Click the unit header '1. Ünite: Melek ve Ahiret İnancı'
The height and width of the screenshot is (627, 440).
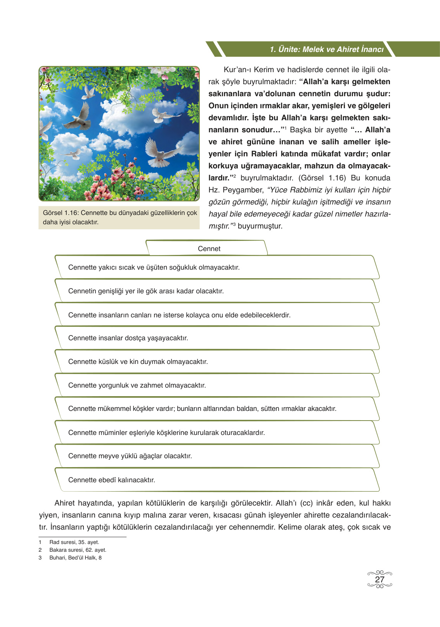click(x=326, y=49)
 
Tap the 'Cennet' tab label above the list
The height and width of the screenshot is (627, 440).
click(x=209, y=249)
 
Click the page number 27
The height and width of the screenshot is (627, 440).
click(x=379, y=579)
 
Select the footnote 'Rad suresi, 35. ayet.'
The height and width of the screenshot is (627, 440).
click(x=74, y=542)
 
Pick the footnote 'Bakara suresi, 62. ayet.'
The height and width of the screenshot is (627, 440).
click(x=78, y=550)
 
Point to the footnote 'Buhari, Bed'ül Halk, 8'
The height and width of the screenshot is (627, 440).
click(x=75, y=558)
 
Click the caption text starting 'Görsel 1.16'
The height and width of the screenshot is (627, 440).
click(x=120, y=217)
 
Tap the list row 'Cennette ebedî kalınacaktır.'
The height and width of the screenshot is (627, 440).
click(x=112, y=480)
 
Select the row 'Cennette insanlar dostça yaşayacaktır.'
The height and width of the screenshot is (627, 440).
click(x=128, y=338)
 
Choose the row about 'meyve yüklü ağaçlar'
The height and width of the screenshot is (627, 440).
click(x=130, y=456)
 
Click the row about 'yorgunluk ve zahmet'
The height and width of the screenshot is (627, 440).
click(x=137, y=385)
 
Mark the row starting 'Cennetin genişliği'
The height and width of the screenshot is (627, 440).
click(x=146, y=291)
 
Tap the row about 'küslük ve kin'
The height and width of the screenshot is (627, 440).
click(x=138, y=362)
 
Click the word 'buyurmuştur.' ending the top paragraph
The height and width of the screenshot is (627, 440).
click(x=260, y=226)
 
